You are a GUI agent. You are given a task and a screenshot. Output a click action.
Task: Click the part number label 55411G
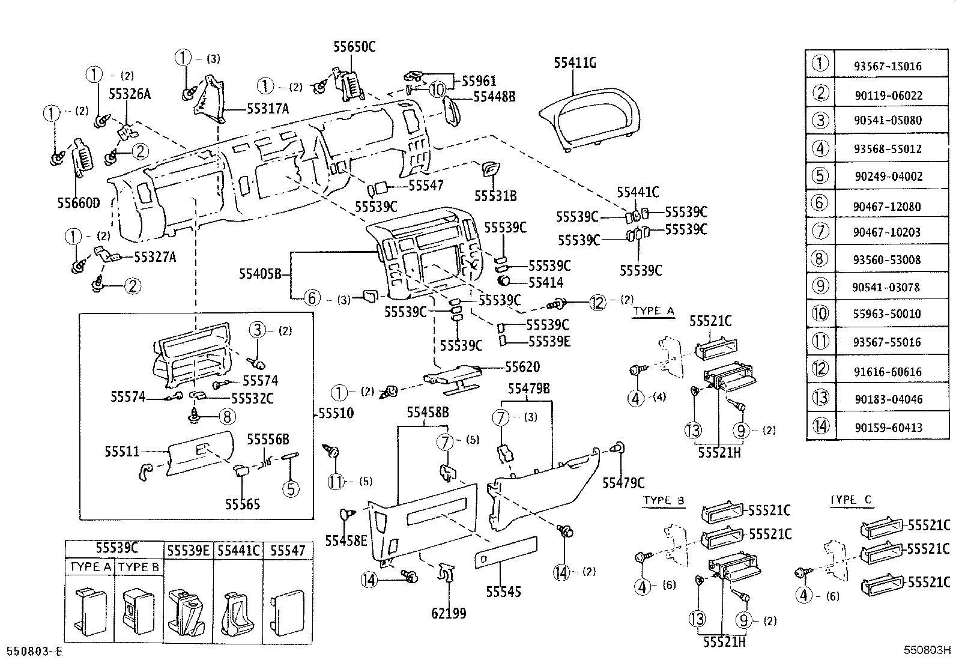coord(575,62)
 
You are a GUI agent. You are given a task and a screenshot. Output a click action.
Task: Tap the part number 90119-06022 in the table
coord(888,95)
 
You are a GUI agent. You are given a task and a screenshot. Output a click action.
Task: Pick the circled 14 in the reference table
coord(820,426)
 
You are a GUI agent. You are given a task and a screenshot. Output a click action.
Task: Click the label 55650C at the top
coord(354,47)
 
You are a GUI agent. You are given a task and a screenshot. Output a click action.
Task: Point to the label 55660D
coord(79,202)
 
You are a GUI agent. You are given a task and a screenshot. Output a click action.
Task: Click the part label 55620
coord(522,366)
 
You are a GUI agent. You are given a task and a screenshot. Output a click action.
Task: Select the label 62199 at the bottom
coord(449,613)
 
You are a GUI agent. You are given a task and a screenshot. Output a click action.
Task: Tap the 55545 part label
coord(503,592)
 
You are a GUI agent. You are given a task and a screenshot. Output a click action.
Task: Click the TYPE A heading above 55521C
coord(654,311)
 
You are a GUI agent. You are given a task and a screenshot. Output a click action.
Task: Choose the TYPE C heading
coord(851,500)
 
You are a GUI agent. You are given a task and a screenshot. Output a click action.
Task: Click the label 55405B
coord(260,274)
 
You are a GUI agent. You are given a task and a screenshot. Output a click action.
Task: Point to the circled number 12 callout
coord(597,303)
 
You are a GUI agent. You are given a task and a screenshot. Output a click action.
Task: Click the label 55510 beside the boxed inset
coord(336,413)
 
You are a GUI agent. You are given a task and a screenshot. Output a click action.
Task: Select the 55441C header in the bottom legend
coord(238,550)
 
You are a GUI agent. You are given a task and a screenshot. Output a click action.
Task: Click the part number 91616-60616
coord(888,372)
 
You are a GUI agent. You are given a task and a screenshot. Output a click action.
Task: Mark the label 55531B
coord(495,196)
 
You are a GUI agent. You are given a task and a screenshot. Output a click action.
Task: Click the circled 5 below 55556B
coord(291,488)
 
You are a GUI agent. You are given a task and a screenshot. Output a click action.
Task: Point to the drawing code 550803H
coord(928,650)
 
